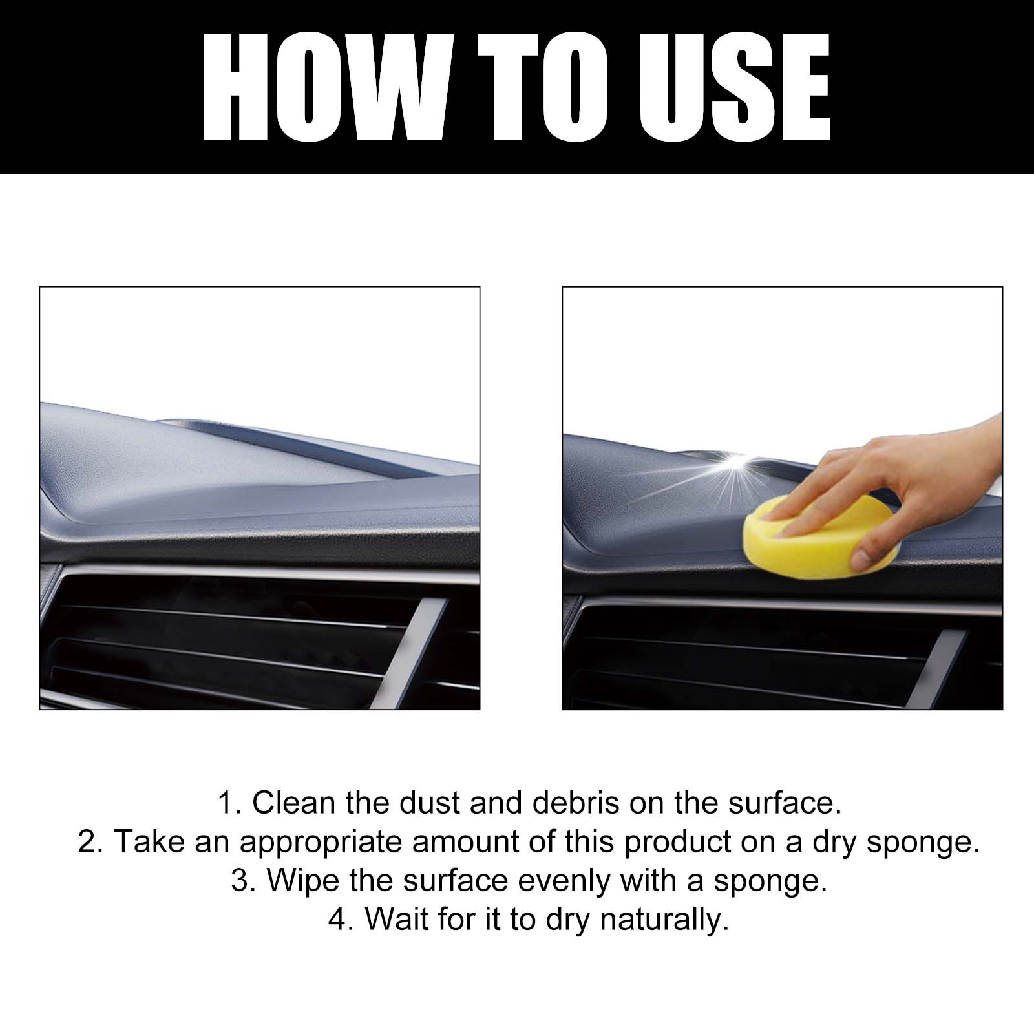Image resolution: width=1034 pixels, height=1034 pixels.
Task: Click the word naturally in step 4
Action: click(x=664, y=920)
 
